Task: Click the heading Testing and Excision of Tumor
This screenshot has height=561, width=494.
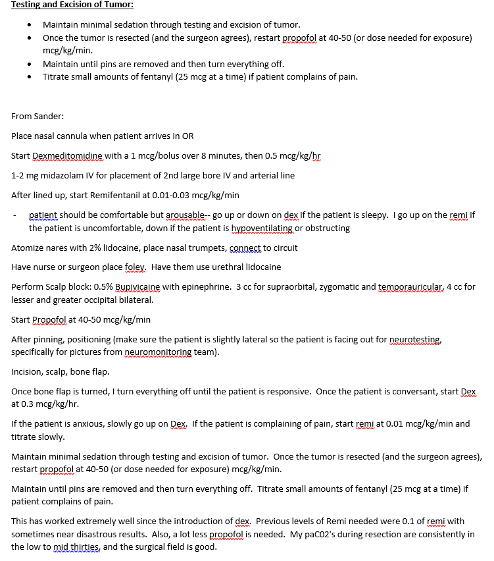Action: [x=72, y=5]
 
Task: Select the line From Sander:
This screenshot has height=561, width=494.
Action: [x=37, y=116]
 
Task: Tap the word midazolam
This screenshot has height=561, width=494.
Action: [x=65, y=176]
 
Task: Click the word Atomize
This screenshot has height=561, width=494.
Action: [x=28, y=248]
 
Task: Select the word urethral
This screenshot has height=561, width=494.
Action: [x=230, y=267]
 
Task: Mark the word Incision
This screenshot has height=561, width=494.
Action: [x=28, y=371]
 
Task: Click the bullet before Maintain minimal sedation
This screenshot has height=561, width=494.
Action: [x=30, y=24]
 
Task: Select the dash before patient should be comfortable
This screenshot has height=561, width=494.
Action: [x=14, y=215]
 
